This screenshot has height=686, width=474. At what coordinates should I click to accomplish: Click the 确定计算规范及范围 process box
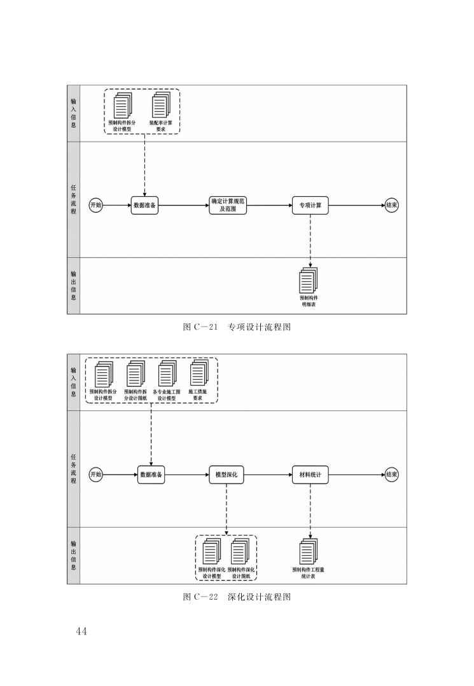(x=228, y=205)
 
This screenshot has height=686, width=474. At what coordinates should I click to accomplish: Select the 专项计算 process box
(x=310, y=205)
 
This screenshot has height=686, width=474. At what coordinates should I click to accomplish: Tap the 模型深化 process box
(x=227, y=474)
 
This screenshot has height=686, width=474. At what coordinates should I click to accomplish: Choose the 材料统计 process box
(x=310, y=474)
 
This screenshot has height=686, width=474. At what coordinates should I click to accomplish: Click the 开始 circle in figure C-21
(x=95, y=205)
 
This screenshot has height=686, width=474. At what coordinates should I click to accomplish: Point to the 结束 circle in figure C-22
(x=392, y=474)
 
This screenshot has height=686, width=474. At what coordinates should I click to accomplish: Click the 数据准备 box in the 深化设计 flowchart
(x=151, y=474)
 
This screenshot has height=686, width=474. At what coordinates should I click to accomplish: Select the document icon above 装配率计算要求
(x=161, y=105)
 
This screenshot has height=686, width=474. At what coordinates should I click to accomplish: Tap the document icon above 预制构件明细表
(x=309, y=280)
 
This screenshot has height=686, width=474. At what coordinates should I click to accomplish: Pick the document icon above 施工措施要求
(x=199, y=374)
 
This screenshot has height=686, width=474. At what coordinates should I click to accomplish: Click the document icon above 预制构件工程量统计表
(x=309, y=551)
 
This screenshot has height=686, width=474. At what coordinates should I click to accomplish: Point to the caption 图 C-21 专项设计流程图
(x=237, y=327)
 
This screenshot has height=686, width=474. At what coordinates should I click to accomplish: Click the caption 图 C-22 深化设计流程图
(x=237, y=596)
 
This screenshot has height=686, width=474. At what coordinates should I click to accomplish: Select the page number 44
(x=81, y=631)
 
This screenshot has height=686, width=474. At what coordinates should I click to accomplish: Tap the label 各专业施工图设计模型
(x=167, y=395)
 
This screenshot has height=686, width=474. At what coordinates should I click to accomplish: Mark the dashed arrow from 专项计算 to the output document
(x=310, y=241)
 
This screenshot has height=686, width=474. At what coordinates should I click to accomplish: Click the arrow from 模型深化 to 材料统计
(x=268, y=474)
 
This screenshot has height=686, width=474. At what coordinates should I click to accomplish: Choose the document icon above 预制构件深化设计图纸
(x=240, y=551)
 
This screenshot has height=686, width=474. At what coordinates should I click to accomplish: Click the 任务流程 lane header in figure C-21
(x=74, y=199)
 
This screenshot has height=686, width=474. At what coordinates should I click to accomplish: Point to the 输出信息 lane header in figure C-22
(x=74, y=556)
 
